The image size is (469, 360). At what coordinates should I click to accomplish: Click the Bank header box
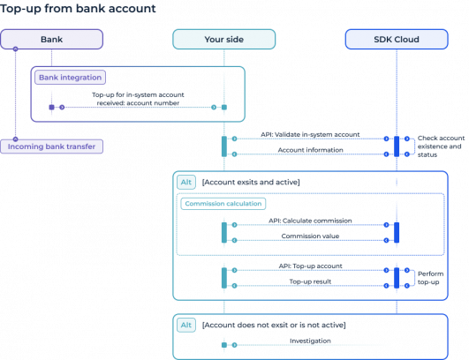click(51, 40)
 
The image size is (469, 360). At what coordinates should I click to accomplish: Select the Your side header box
click(223, 40)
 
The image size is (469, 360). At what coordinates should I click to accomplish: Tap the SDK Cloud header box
click(396, 40)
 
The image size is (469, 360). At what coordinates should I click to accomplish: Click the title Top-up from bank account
click(79, 9)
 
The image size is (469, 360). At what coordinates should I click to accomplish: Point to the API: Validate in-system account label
click(310, 134)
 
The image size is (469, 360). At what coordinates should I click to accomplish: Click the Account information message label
click(310, 150)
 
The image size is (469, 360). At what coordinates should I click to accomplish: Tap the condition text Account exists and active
click(252, 182)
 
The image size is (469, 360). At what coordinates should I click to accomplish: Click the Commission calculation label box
click(223, 203)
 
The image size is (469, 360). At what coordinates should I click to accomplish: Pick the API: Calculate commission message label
click(310, 220)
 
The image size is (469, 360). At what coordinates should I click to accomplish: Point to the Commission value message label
click(310, 236)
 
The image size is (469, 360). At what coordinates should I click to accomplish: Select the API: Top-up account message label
click(310, 265)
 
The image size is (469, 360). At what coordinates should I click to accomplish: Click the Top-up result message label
click(310, 281)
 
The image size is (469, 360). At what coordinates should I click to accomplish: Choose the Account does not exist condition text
click(274, 326)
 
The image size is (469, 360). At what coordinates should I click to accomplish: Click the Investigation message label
click(310, 341)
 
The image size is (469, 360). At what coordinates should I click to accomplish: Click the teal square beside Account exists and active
click(186, 183)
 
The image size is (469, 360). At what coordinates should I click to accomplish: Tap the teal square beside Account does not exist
click(186, 326)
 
